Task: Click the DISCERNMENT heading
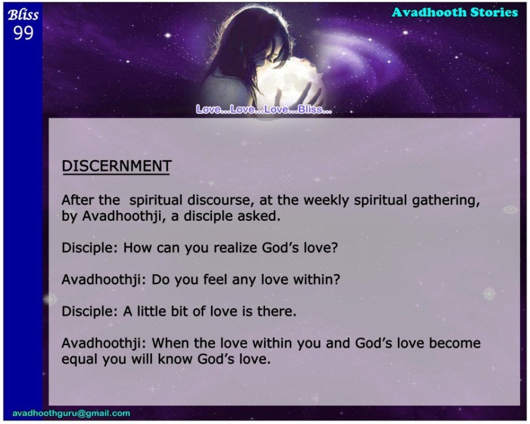click(117, 166)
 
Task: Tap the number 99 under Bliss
click(24, 33)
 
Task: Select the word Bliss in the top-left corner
click(23, 15)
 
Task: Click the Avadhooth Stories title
click(455, 12)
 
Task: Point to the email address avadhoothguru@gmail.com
click(71, 413)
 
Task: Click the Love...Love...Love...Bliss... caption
click(264, 109)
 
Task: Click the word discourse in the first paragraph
click(218, 200)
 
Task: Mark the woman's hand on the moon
click(313, 93)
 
